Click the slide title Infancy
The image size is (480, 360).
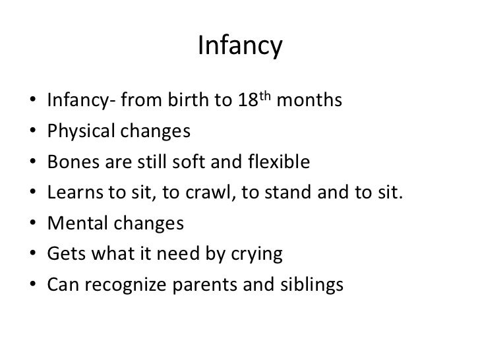click(x=239, y=46)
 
